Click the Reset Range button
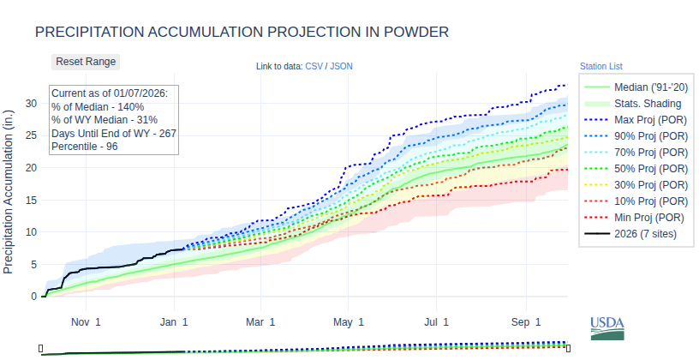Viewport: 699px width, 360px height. tap(86, 62)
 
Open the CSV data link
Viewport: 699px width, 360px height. tap(315, 66)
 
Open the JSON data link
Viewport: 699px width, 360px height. tap(341, 66)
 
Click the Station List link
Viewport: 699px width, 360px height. tap(600, 66)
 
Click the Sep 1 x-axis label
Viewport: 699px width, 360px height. tap(526, 322)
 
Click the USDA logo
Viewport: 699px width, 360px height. tap(607, 327)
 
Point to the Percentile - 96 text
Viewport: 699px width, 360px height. tap(85, 147)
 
